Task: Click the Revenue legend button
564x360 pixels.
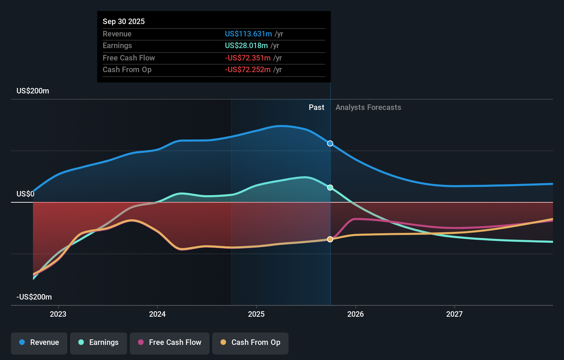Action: tap(39, 342)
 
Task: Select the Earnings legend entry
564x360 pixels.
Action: tap(99, 342)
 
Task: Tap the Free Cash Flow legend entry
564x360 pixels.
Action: tap(170, 342)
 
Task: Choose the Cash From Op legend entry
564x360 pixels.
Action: tap(250, 342)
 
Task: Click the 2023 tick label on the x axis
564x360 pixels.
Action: tap(58, 314)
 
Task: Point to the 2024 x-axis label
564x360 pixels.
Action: tap(157, 314)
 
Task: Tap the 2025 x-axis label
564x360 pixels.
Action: tap(256, 314)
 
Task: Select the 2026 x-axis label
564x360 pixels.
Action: tap(356, 314)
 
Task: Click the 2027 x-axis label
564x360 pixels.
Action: tap(454, 314)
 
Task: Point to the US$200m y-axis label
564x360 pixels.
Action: tap(33, 91)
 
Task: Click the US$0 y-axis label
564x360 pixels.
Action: tap(25, 194)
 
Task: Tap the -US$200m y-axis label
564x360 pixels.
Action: tap(34, 297)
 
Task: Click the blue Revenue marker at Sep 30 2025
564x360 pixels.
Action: tap(330, 144)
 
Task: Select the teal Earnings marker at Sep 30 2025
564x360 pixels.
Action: tap(330, 188)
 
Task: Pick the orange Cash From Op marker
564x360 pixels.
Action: tap(330, 239)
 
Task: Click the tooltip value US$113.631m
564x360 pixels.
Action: tap(248, 34)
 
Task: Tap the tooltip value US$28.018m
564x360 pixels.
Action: tap(246, 46)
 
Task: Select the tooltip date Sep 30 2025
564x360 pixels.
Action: tap(124, 21)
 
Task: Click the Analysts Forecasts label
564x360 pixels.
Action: tap(368, 108)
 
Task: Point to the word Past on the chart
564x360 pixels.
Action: tap(316, 108)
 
